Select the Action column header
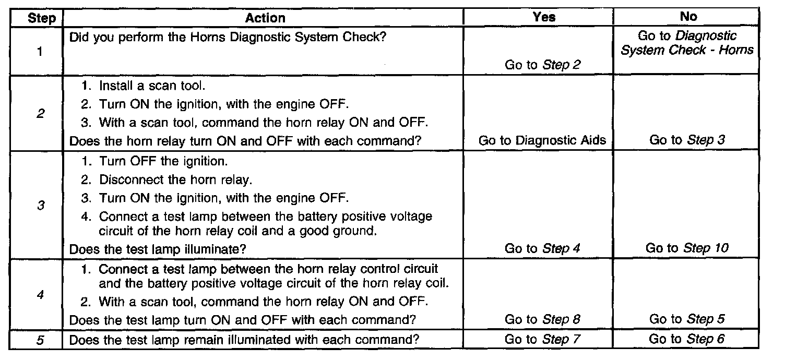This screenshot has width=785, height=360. (265, 18)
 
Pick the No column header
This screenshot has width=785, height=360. (688, 17)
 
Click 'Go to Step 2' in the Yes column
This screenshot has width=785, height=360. (542, 65)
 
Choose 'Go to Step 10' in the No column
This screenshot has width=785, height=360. (687, 248)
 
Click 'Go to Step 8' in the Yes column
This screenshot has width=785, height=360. (542, 319)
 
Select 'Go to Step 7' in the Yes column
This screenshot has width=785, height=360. (542, 339)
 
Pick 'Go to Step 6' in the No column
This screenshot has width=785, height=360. (687, 339)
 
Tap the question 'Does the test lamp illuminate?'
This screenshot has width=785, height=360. (157, 249)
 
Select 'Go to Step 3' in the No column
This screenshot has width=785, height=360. (687, 140)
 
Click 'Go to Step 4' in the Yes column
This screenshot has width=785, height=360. (542, 248)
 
